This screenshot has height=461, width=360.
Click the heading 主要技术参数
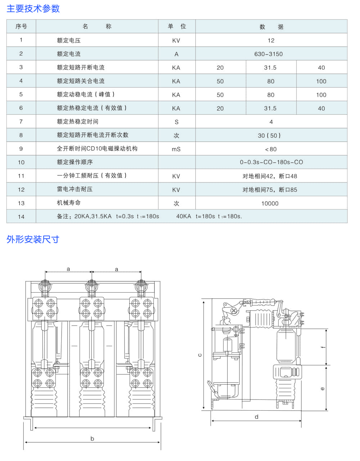click(x=33, y=9)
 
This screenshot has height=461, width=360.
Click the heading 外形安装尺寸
click(x=33, y=239)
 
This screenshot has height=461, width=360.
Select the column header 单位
click(x=177, y=26)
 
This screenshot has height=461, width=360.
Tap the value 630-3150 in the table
click(x=269, y=54)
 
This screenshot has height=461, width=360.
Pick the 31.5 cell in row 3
click(x=270, y=67)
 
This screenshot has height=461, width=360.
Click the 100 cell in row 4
click(x=321, y=81)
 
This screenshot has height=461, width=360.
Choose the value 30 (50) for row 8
click(x=269, y=135)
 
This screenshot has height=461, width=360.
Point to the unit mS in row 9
click(x=176, y=149)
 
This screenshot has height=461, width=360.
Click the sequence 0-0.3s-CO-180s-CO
click(x=271, y=162)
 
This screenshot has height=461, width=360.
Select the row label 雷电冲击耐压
click(x=75, y=189)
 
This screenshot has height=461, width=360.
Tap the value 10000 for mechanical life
click(x=270, y=203)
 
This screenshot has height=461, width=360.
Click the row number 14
click(x=21, y=217)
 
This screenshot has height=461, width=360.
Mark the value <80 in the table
click(x=271, y=149)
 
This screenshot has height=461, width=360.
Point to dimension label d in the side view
click(x=256, y=417)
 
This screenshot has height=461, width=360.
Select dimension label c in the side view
click(x=200, y=355)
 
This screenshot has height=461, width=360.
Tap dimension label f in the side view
click(x=323, y=347)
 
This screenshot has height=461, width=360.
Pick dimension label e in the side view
click(x=323, y=389)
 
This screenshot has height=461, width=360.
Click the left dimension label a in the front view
click(x=68, y=269)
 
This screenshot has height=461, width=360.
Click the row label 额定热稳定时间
click(x=78, y=122)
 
